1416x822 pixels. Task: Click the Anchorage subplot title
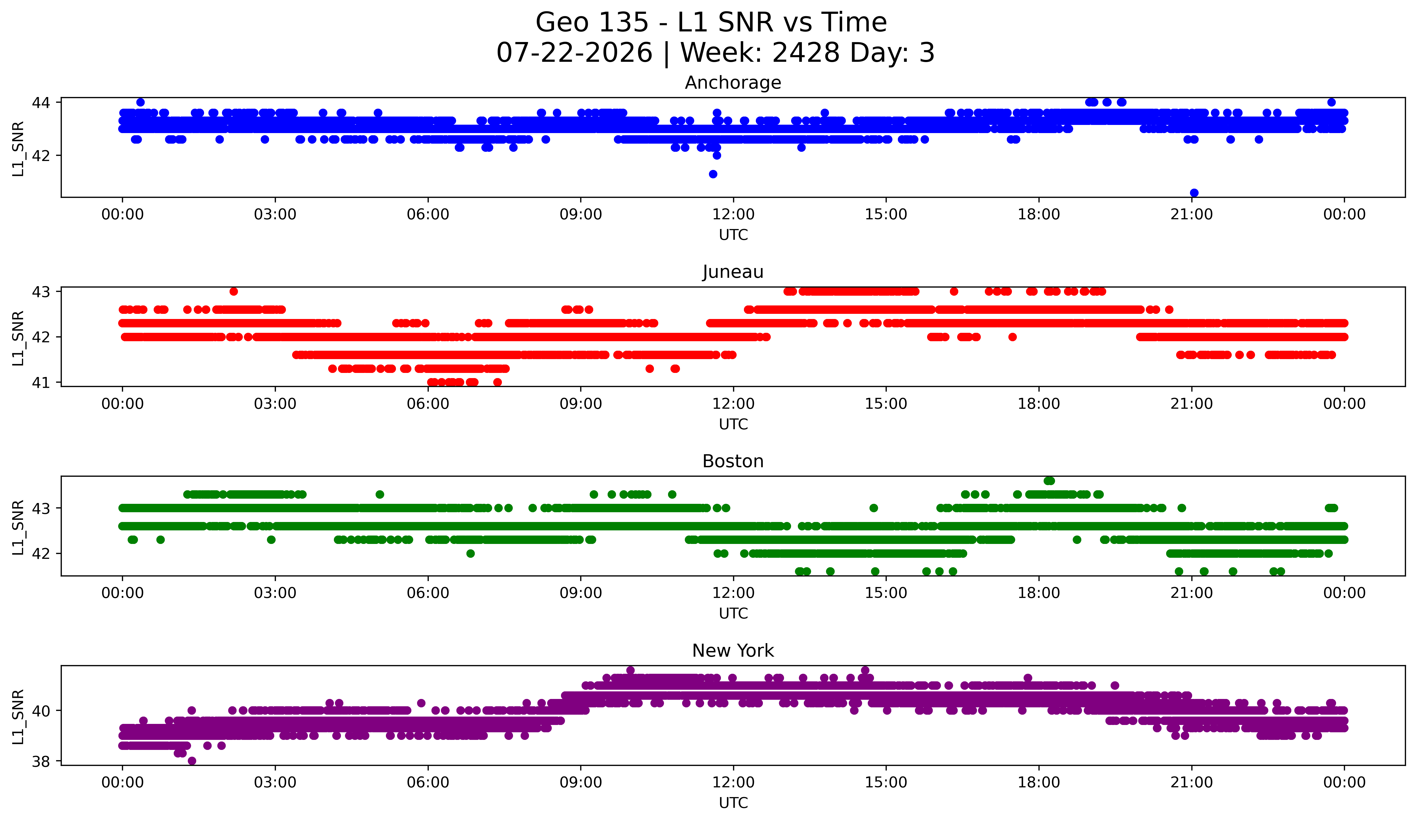tap(733, 83)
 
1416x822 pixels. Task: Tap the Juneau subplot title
tap(733, 272)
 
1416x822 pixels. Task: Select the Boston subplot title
tap(733, 461)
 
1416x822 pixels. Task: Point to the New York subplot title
tap(733, 651)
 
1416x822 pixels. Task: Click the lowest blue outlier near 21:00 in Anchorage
tap(1194, 193)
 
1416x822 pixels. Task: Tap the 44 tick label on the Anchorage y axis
tap(41, 102)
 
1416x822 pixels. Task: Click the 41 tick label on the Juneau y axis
tap(41, 383)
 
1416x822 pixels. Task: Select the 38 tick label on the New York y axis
tap(41, 761)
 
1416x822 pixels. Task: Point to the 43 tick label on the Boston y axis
tap(41, 508)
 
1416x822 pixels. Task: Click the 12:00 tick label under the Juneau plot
tap(733, 404)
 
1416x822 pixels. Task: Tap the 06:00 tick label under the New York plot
tap(428, 782)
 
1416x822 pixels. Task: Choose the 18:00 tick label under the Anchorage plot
tap(1038, 214)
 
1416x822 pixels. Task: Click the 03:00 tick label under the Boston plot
tap(275, 593)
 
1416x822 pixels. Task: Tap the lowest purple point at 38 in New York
tap(192, 761)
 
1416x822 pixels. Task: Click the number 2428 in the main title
tap(806, 53)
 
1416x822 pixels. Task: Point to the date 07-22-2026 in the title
tap(574, 53)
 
